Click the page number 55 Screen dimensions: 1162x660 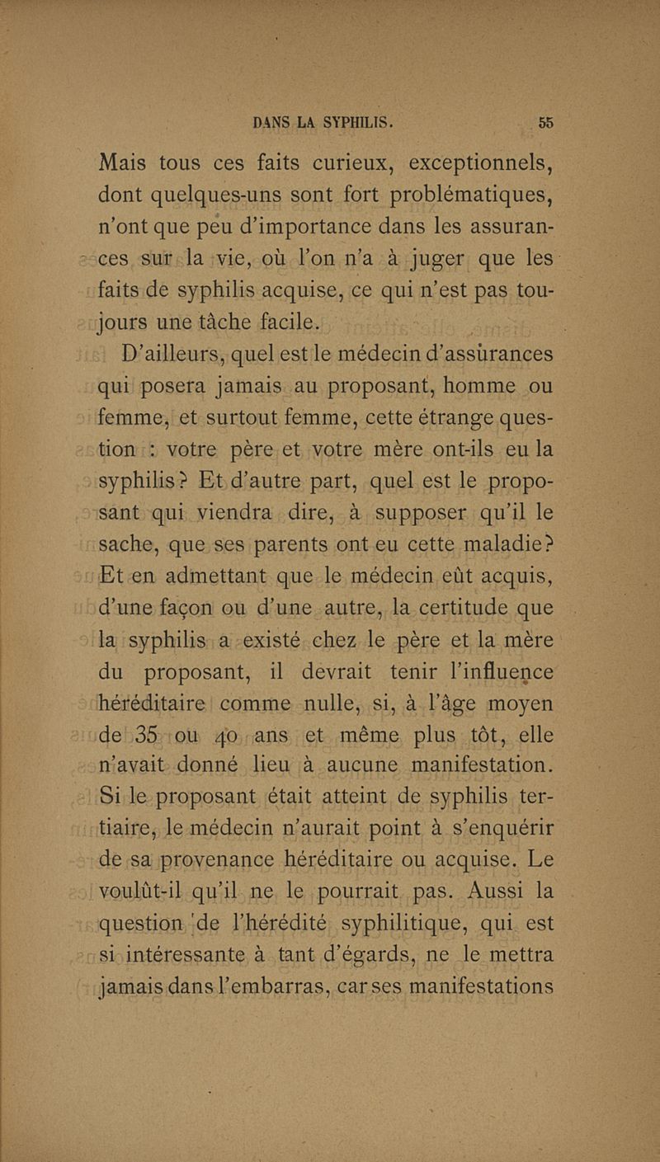tap(545, 123)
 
